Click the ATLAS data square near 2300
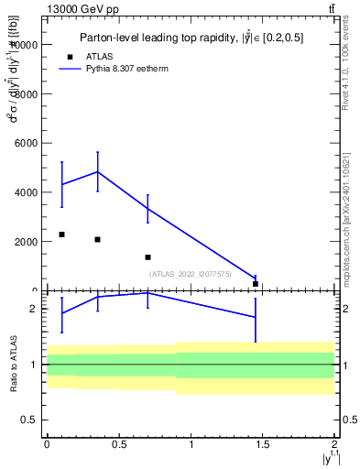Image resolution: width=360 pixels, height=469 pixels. click(61, 234)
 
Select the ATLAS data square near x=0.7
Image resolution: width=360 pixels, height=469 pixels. click(147, 257)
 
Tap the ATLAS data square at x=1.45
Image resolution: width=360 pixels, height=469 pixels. click(256, 284)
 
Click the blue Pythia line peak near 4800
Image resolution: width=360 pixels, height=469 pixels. click(97, 172)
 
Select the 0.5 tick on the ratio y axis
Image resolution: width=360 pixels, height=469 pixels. click(34, 420)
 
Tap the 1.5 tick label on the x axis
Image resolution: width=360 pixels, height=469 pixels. click(263, 445)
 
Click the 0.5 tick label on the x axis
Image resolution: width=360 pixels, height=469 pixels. click(118, 445)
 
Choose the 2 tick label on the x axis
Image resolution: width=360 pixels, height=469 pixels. click(335, 445)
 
